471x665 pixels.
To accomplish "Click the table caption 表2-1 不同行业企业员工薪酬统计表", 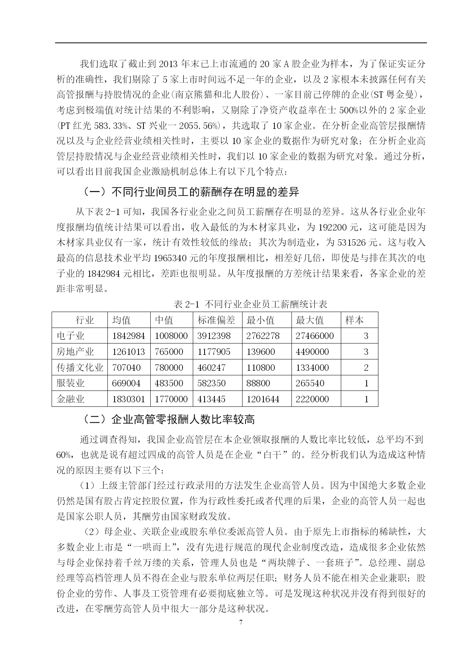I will (250, 304).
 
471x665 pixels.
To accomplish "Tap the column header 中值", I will (164, 320).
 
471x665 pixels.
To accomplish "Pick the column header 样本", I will (354, 320).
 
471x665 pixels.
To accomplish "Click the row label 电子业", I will (71, 336).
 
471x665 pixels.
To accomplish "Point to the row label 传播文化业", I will (80, 367).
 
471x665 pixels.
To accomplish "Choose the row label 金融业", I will (71, 399).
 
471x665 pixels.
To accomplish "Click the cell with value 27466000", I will (315, 336).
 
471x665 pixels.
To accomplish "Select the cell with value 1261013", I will (129, 352).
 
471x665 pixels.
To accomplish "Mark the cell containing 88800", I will (258, 383).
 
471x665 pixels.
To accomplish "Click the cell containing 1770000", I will (171, 399).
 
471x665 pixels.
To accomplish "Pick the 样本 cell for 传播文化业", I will (366, 367).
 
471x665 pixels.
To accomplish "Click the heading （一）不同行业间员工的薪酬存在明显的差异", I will (191, 192).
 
